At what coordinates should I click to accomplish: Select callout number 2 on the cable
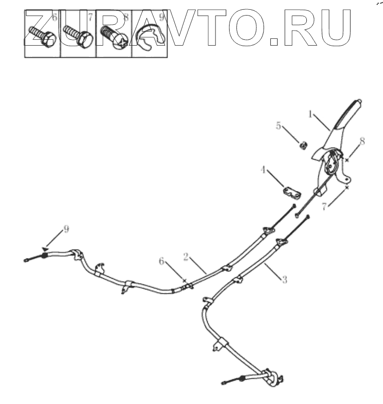point(185,256)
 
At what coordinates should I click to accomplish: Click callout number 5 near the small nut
point(279,126)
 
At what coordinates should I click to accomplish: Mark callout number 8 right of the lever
point(362,141)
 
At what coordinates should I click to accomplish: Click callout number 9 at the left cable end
point(66,228)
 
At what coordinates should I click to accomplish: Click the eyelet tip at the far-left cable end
point(25,259)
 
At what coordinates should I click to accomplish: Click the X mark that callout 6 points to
point(184,281)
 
